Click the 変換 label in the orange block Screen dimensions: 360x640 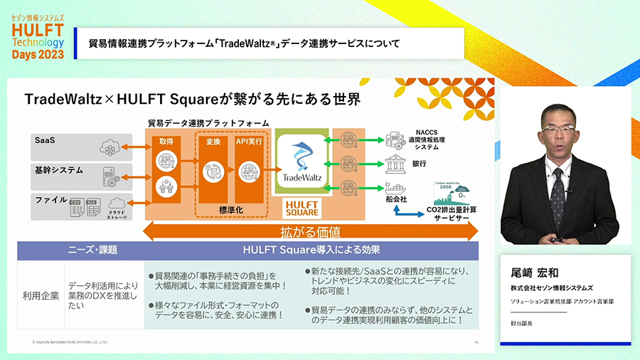213,142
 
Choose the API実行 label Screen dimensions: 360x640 249,142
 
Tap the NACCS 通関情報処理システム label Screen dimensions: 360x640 436,139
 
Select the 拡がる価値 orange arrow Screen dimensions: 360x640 310,233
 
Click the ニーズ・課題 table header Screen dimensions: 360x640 92,250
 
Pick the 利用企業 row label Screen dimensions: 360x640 40,293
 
